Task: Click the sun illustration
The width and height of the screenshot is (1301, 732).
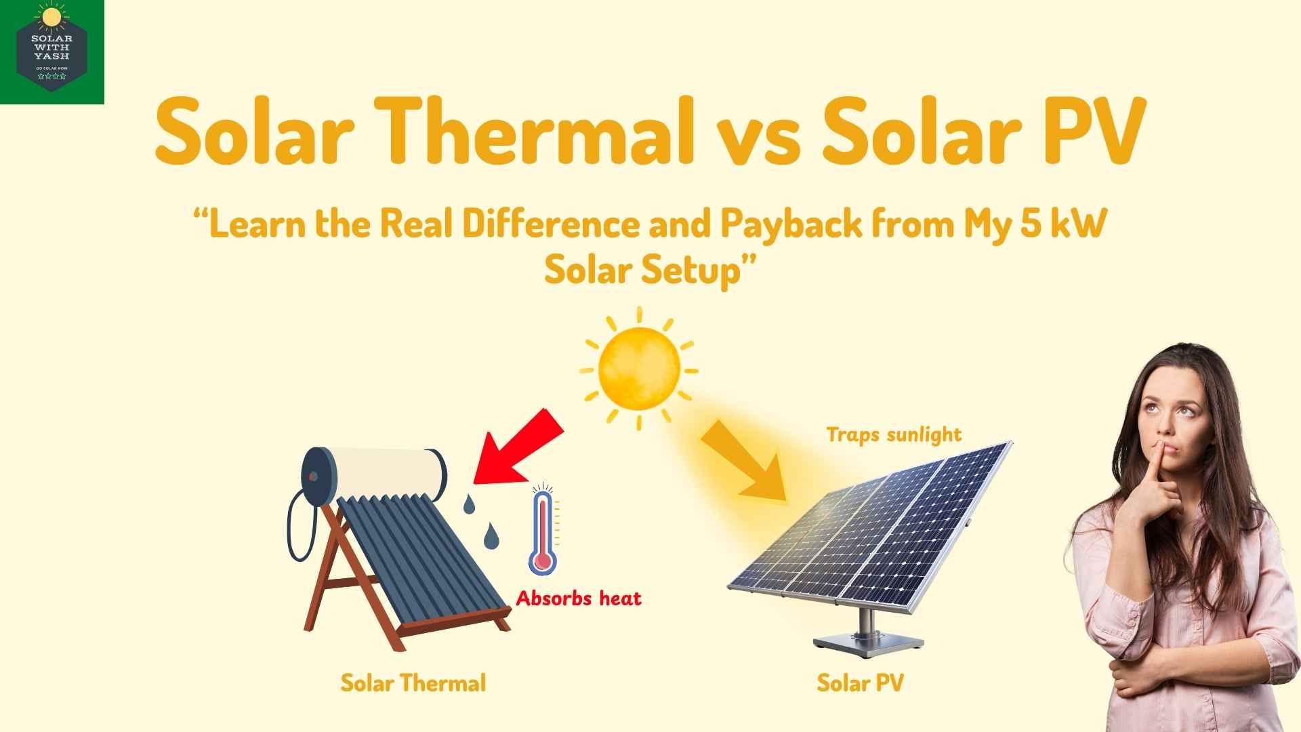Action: tap(639, 368)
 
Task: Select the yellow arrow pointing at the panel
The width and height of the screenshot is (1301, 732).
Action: tap(745, 461)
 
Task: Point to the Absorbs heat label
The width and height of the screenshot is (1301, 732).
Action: tap(578, 598)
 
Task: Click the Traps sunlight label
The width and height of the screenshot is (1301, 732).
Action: tap(894, 434)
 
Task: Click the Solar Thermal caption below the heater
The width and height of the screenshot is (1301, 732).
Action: tap(413, 683)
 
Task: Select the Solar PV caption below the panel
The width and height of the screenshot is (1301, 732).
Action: tap(860, 683)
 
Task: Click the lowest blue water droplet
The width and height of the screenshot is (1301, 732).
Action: tap(490, 537)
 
